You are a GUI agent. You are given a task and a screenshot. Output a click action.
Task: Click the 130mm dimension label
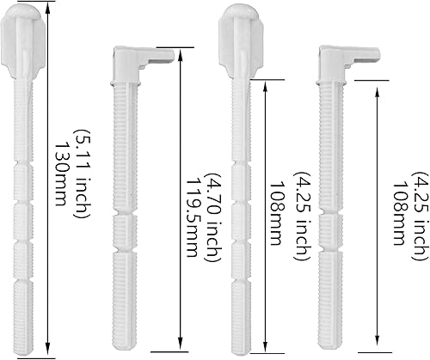pos(61,174)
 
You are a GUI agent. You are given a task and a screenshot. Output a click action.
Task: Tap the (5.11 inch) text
pos(83,174)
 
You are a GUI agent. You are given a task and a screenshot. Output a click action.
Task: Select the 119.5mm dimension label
pos(194,217)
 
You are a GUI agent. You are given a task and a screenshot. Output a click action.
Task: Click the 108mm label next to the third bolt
pos(277,213)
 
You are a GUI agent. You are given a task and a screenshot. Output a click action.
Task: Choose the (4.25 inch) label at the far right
pos(421,217)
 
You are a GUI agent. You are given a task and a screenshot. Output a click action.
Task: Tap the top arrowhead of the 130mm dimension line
pos(48,9)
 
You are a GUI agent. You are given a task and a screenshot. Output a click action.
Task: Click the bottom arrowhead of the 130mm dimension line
pos(48,349)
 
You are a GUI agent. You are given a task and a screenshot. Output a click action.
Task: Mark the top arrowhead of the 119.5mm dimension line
pos(181,55)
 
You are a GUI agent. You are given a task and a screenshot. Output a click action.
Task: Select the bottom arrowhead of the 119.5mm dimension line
pos(181,343)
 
